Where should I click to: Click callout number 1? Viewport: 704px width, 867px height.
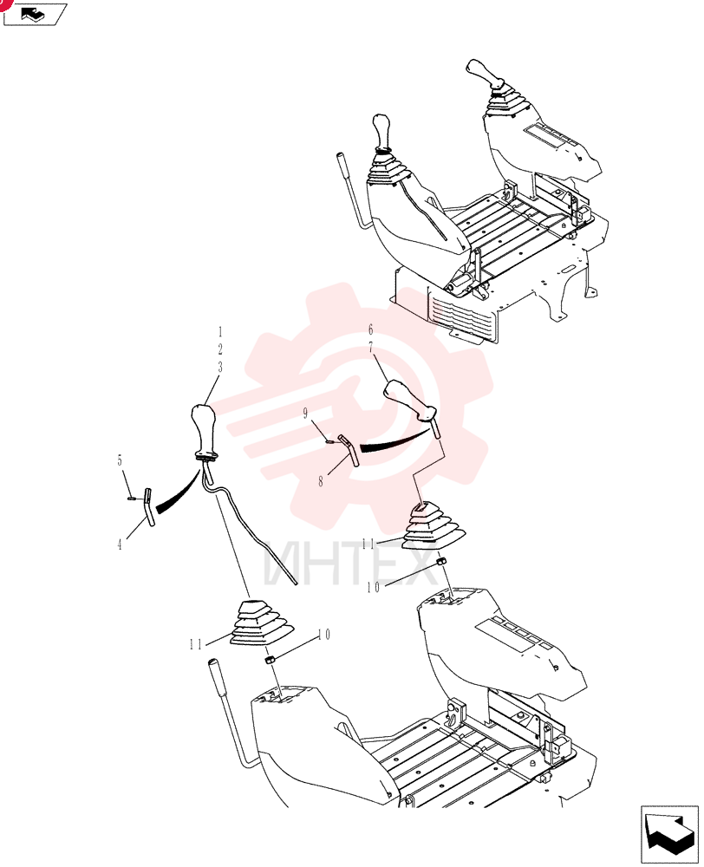click(x=220, y=332)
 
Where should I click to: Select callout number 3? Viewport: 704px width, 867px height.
click(x=220, y=367)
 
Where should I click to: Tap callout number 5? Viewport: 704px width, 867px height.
click(x=120, y=460)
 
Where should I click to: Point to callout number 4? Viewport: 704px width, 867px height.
click(x=120, y=544)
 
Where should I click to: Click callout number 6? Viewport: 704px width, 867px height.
click(x=370, y=329)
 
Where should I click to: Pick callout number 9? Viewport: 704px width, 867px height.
click(x=305, y=414)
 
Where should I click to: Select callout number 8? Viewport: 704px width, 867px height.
click(x=321, y=481)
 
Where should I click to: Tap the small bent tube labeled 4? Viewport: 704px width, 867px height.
click(x=149, y=507)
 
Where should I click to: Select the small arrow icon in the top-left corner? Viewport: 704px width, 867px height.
click(x=35, y=14)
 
